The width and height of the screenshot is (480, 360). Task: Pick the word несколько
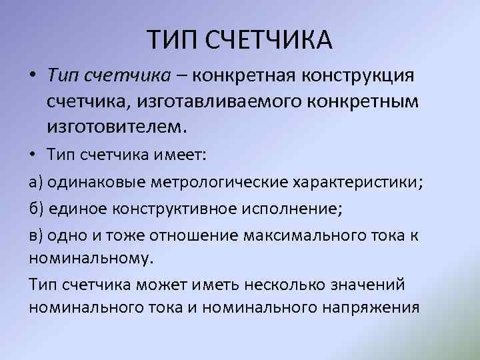(294, 285)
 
